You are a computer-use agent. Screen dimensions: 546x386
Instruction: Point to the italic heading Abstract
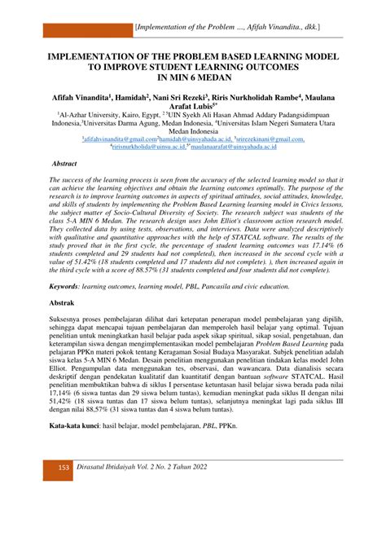(x=64, y=164)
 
